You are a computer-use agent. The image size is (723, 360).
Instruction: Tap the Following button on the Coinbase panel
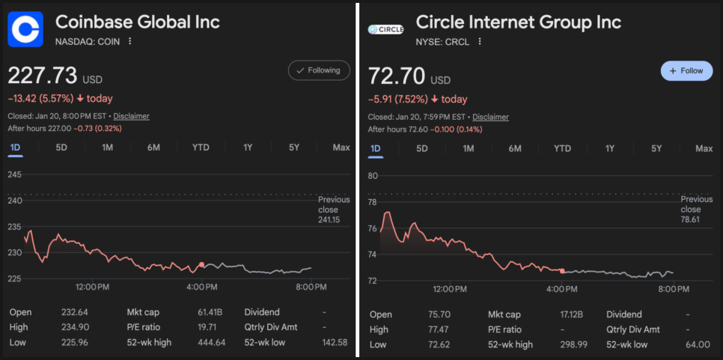point(319,70)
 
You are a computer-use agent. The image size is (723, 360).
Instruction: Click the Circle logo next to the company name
point(386,30)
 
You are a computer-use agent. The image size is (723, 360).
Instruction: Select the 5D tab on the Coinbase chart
point(61,147)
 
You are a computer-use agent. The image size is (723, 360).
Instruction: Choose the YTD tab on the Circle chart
point(562,148)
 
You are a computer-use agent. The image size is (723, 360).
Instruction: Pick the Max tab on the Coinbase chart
point(341,147)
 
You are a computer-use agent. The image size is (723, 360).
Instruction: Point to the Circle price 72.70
point(397,76)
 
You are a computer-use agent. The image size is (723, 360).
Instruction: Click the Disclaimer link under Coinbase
point(131,116)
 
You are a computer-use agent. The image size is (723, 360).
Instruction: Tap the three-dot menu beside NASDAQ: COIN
point(130,41)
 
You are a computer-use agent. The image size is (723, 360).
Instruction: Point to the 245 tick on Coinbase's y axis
point(15,174)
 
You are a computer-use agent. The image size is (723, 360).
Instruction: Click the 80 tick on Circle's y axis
point(373,176)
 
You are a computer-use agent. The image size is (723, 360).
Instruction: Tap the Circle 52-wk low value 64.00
point(698,344)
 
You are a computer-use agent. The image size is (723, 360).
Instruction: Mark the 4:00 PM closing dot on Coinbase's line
point(201,265)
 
